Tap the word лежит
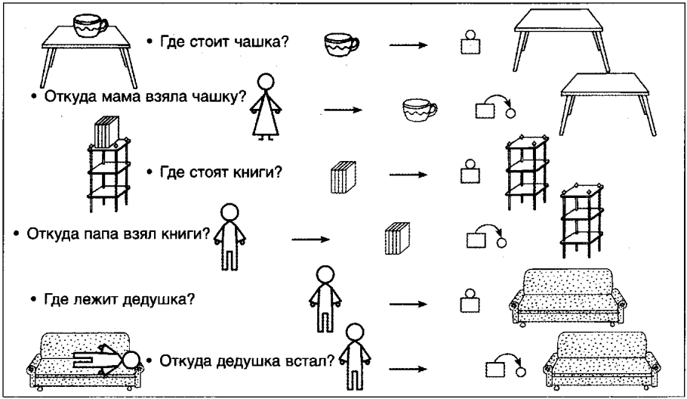point(98,298)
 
